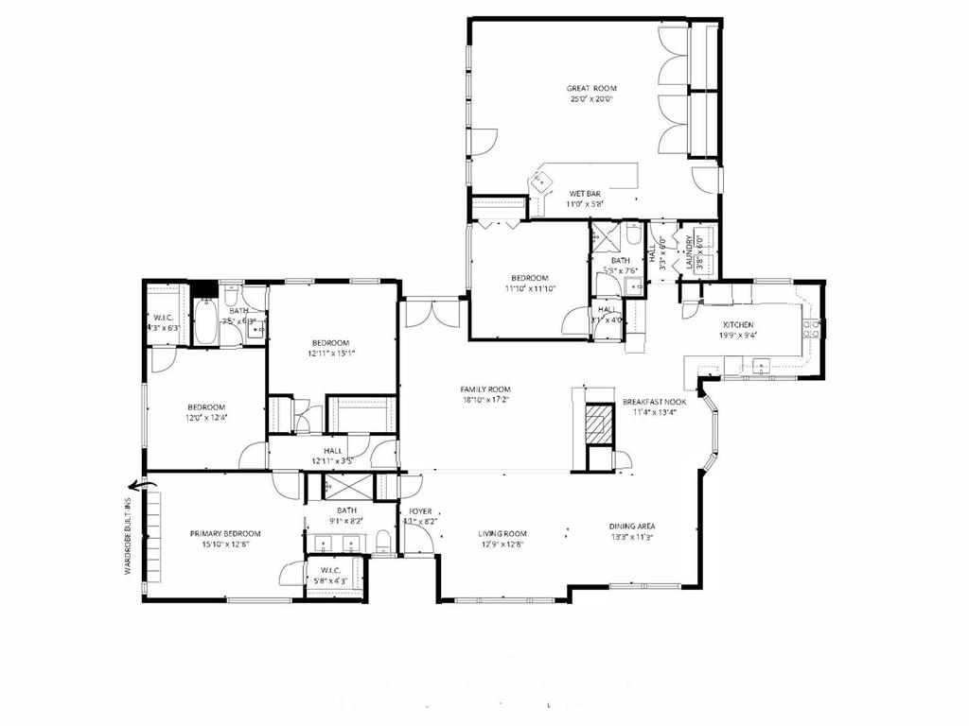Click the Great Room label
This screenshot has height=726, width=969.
coord(592,88)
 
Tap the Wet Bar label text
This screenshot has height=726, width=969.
coord(585,193)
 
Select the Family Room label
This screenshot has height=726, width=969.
coord(485,389)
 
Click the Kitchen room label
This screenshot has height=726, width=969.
coord(738,324)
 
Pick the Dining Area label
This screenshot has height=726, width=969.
coord(633,527)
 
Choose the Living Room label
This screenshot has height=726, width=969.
coord(502,534)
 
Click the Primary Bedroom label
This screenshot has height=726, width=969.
coord(224,533)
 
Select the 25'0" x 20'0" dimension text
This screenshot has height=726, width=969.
coord(592,99)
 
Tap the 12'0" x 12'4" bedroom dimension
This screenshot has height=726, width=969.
coord(205,417)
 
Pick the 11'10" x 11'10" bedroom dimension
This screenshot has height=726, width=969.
coord(529,289)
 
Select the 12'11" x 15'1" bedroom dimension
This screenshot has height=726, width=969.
coord(330,354)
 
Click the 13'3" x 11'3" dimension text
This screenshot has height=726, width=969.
coord(633,538)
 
